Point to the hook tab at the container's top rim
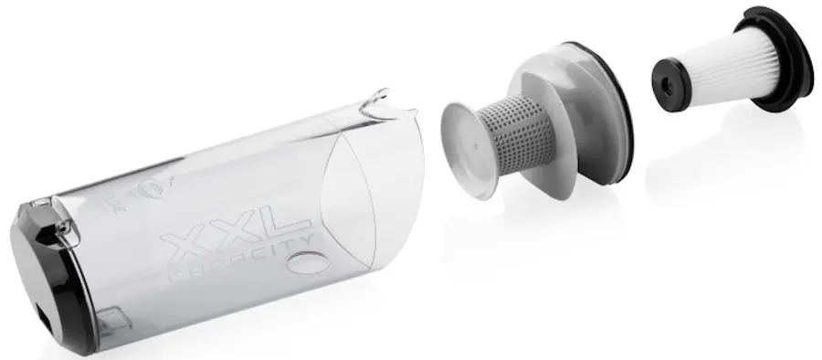tap(376, 101)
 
